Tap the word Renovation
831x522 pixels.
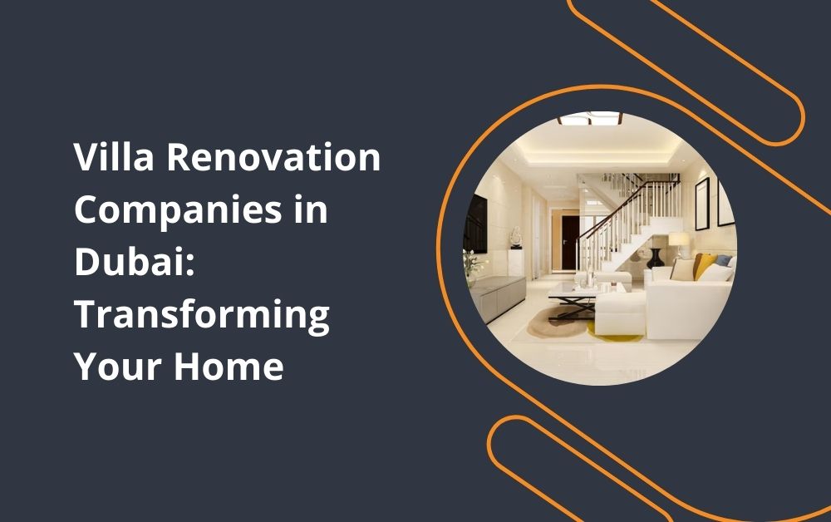[x=274, y=157]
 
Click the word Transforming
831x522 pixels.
[x=202, y=315]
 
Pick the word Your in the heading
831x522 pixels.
[x=117, y=367]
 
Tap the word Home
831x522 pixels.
[x=229, y=366]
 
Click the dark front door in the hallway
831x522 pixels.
[x=570, y=242]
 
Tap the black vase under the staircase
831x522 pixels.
[x=656, y=258]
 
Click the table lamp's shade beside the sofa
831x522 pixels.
[x=679, y=239]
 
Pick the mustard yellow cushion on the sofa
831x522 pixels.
[x=705, y=265]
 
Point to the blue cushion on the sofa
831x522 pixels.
[x=724, y=260]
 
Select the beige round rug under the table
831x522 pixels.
[x=558, y=323]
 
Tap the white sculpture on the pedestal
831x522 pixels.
[x=516, y=238]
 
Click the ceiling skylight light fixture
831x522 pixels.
[x=590, y=119]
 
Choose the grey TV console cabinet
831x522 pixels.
[x=497, y=298]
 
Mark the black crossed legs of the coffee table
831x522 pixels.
[x=573, y=307]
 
